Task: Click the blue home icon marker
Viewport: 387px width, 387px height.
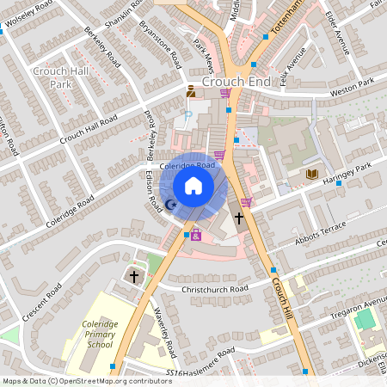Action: [x=193, y=186]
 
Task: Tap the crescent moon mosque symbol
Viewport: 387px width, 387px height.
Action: [x=170, y=205]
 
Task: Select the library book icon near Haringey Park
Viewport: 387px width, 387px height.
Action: [x=312, y=174]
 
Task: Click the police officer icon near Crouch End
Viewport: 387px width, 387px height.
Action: [x=191, y=90]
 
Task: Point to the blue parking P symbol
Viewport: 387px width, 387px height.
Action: [x=187, y=114]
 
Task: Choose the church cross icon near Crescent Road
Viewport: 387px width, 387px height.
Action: [x=133, y=276]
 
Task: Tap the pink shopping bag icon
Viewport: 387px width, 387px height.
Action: [x=195, y=235]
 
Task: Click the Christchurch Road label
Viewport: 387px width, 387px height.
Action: [x=215, y=289]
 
